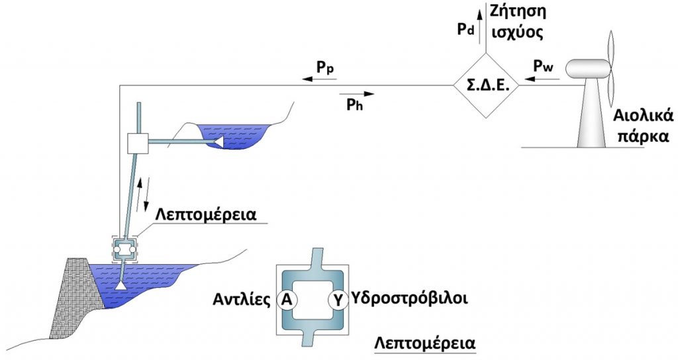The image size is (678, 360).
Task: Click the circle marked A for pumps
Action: pos(287,299)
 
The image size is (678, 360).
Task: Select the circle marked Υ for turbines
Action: pos(338,299)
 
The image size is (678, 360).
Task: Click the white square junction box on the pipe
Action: pos(136,142)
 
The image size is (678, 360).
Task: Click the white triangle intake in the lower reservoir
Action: pos(122,287)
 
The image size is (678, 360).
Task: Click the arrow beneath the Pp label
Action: pos(316,78)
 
